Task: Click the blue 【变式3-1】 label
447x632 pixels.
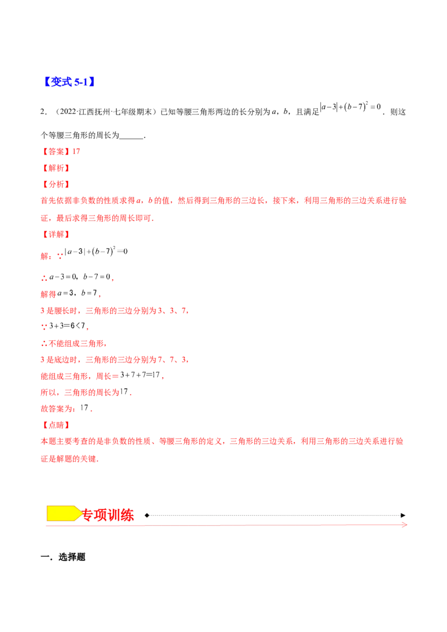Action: point(69,82)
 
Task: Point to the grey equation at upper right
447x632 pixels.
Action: point(351,107)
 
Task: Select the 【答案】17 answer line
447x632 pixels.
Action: point(61,151)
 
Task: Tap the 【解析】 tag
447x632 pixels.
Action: point(55,167)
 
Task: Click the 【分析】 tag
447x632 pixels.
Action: point(55,184)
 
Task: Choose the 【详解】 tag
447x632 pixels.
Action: point(55,235)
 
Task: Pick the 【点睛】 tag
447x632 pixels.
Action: point(55,425)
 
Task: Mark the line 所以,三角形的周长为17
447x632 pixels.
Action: point(87,393)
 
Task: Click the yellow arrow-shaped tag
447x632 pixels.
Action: point(63,514)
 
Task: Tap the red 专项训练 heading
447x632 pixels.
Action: point(108,515)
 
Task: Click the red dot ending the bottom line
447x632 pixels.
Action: point(403,525)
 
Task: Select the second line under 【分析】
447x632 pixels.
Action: point(98,219)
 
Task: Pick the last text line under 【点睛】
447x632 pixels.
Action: point(69,459)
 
